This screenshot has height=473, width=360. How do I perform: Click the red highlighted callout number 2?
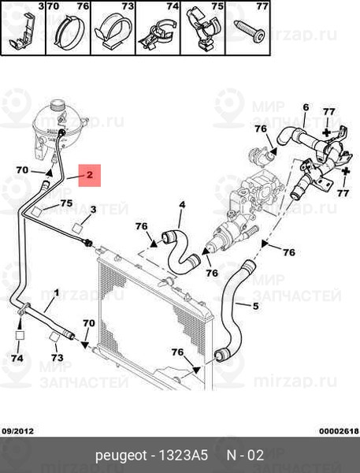(90, 175)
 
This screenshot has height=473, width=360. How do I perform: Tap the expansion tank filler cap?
(58, 106)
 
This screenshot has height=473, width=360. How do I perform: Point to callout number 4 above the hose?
(182, 205)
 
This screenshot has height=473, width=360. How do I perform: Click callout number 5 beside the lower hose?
(256, 306)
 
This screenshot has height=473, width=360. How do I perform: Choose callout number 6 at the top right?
(306, 107)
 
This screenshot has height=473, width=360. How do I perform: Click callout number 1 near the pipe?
(57, 293)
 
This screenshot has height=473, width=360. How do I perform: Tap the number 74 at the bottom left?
(17, 358)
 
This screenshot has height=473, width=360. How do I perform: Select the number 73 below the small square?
(57, 357)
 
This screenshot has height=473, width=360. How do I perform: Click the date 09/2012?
(18, 431)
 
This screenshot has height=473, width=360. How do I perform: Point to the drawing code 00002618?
(339, 431)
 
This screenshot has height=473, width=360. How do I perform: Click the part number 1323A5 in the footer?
(183, 456)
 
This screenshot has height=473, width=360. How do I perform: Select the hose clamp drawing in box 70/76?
(69, 33)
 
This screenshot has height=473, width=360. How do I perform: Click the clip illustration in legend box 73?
(112, 30)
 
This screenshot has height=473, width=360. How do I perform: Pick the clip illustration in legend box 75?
(202, 28)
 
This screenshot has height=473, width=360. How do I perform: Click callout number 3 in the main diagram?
(93, 209)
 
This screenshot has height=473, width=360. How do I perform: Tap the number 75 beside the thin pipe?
(66, 203)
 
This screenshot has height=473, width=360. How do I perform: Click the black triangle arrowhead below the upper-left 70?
(49, 173)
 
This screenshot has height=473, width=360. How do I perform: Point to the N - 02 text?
(245, 456)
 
